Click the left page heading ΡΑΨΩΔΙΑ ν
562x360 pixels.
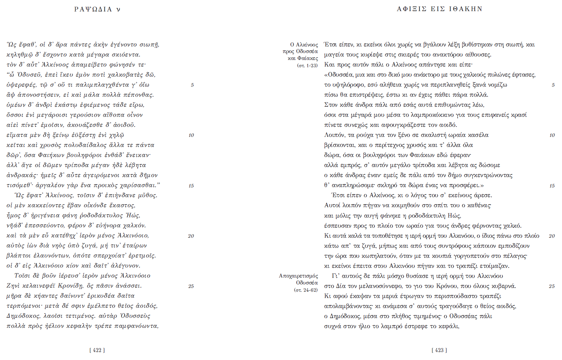97,9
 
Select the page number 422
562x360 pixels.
97,350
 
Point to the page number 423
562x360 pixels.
439,350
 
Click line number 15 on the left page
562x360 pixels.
191,186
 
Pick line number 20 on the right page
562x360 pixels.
552,236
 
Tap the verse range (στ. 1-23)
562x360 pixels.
307,65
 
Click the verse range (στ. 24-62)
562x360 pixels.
306,290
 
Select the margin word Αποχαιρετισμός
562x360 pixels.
298,276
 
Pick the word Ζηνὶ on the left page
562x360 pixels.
13,286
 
